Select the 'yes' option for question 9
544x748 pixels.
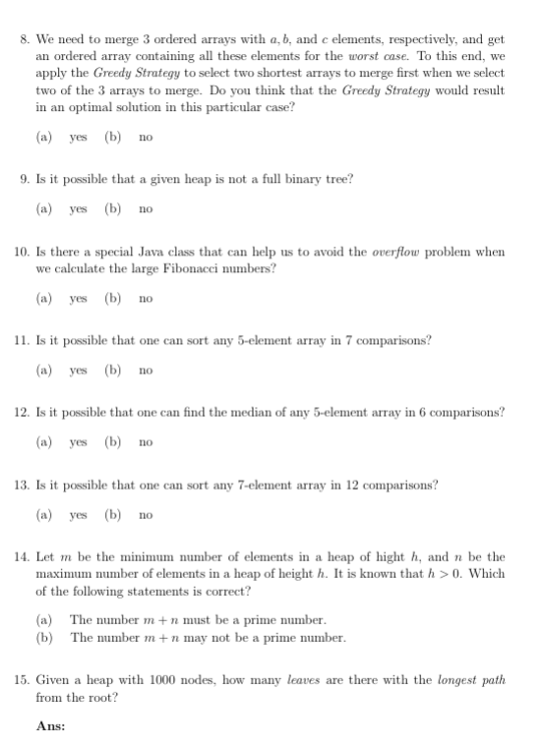(79, 208)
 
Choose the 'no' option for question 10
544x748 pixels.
(146, 298)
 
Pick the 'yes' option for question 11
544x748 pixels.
(79, 372)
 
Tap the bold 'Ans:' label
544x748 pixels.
(50, 725)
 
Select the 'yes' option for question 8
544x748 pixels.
(79, 137)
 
